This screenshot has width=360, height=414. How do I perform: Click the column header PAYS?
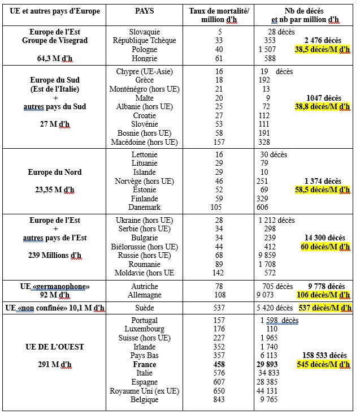point(144,11)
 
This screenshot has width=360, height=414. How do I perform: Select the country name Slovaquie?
point(145,32)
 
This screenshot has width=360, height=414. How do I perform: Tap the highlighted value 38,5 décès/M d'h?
point(322,50)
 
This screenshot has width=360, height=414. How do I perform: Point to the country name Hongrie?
point(145,59)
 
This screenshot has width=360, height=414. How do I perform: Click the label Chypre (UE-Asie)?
point(145,72)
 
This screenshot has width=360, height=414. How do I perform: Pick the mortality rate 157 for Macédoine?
point(219,142)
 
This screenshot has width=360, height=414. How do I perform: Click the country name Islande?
point(145,172)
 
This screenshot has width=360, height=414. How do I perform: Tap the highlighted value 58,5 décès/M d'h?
point(322,190)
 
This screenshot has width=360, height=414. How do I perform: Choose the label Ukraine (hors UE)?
point(145,219)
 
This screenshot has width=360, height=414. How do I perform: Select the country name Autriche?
point(145,286)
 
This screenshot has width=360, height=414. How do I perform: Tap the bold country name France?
point(145,365)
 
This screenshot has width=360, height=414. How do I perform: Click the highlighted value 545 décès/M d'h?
point(322,365)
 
